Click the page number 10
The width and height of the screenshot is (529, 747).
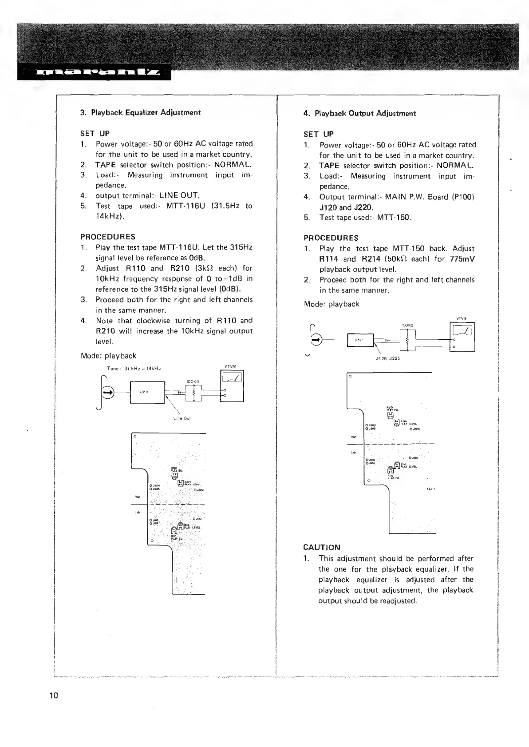(54, 695)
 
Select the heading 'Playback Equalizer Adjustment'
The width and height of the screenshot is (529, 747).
(146, 113)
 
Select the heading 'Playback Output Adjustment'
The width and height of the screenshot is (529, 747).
(365, 114)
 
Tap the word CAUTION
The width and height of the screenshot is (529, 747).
(322, 548)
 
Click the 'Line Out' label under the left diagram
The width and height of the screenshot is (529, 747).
(182, 418)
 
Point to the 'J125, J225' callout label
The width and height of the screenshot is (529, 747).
(387, 358)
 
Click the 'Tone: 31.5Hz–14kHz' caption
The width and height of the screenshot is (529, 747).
(134, 369)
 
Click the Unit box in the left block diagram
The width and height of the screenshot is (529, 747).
(147, 392)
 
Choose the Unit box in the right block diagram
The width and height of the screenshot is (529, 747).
(361, 340)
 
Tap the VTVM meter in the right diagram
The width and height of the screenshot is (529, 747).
(462, 336)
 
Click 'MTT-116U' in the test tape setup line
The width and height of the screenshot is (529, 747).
(186, 206)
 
